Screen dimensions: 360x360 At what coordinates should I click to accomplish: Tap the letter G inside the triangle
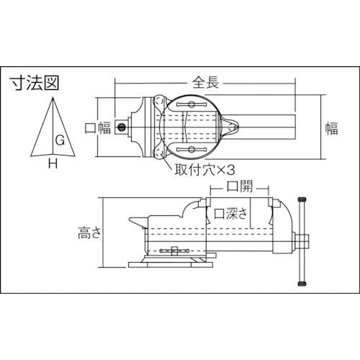tap(60, 142)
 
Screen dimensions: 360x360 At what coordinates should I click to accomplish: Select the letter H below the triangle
tap(52, 164)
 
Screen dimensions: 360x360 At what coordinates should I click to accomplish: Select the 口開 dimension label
tap(238, 187)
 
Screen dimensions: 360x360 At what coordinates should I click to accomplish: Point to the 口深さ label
tap(232, 213)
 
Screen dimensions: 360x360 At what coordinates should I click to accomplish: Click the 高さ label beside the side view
tap(91, 233)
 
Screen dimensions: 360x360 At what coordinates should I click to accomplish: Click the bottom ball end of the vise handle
tap(302, 282)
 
